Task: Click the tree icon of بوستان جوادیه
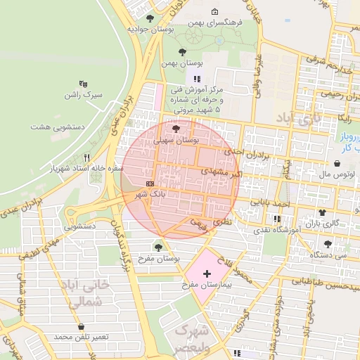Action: click(149, 18)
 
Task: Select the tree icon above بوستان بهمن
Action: click(183, 51)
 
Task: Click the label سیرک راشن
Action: click(84, 94)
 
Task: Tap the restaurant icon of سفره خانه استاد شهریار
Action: click(87, 157)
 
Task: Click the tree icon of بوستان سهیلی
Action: click(175, 129)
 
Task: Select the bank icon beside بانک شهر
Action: click(150, 183)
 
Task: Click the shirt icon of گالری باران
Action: click(322, 212)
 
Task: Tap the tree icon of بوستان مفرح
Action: click(157, 247)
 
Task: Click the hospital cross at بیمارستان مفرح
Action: click(207, 273)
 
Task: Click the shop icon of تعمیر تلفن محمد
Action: click(82, 327)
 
